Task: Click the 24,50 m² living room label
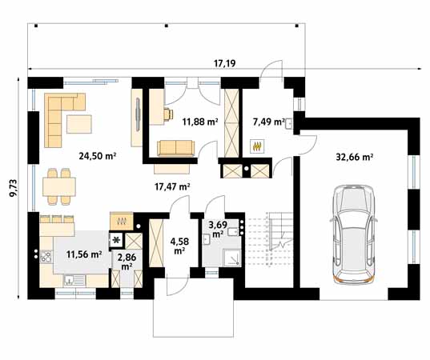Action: (x=98, y=156)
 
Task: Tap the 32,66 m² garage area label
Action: (x=354, y=158)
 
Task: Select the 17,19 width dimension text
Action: (x=224, y=63)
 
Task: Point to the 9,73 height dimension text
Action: (x=14, y=188)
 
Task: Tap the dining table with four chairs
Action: (x=59, y=187)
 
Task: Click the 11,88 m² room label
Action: (x=200, y=122)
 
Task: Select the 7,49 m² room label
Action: (x=269, y=122)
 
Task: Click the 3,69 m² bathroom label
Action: (x=218, y=230)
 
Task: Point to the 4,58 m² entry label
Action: (x=179, y=246)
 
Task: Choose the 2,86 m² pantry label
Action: (x=127, y=262)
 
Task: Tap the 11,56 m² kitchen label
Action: (x=84, y=254)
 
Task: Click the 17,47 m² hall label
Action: (x=172, y=187)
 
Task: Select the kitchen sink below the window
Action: (x=74, y=281)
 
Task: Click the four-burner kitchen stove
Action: (x=46, y=257)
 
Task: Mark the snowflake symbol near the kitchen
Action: (x=116, y=240)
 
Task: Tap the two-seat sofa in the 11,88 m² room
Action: (x=176, y=149)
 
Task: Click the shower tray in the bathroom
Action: (x=232, y=258)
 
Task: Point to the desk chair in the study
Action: (x=168, y=114)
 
